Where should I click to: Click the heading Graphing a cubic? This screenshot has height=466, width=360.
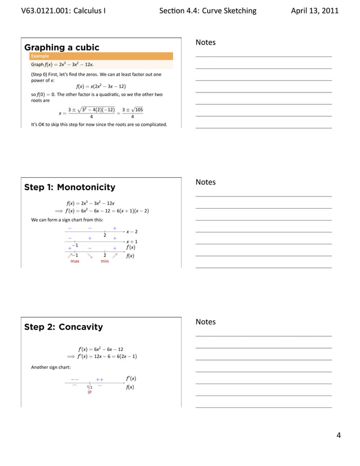point(62,47)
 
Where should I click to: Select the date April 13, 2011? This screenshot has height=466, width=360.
point(315,11)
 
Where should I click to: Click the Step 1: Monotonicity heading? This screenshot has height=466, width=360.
point(69,187)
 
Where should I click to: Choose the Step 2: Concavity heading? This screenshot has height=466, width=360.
point(63,327)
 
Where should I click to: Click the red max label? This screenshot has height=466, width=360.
point(74,262)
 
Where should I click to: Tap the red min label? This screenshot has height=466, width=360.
point(104,262)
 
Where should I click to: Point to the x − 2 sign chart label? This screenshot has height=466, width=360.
point(133,231)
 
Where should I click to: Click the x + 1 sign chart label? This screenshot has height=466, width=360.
point(133,241)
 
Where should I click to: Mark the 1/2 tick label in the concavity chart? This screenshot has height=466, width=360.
point(90,386)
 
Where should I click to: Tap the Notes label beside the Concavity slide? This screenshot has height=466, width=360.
point(205,322)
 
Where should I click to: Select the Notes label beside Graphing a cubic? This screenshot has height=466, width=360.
point(205,43)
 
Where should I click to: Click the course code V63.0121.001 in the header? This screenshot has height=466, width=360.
point(47,11)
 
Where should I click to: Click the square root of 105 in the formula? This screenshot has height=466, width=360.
point(135,109)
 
